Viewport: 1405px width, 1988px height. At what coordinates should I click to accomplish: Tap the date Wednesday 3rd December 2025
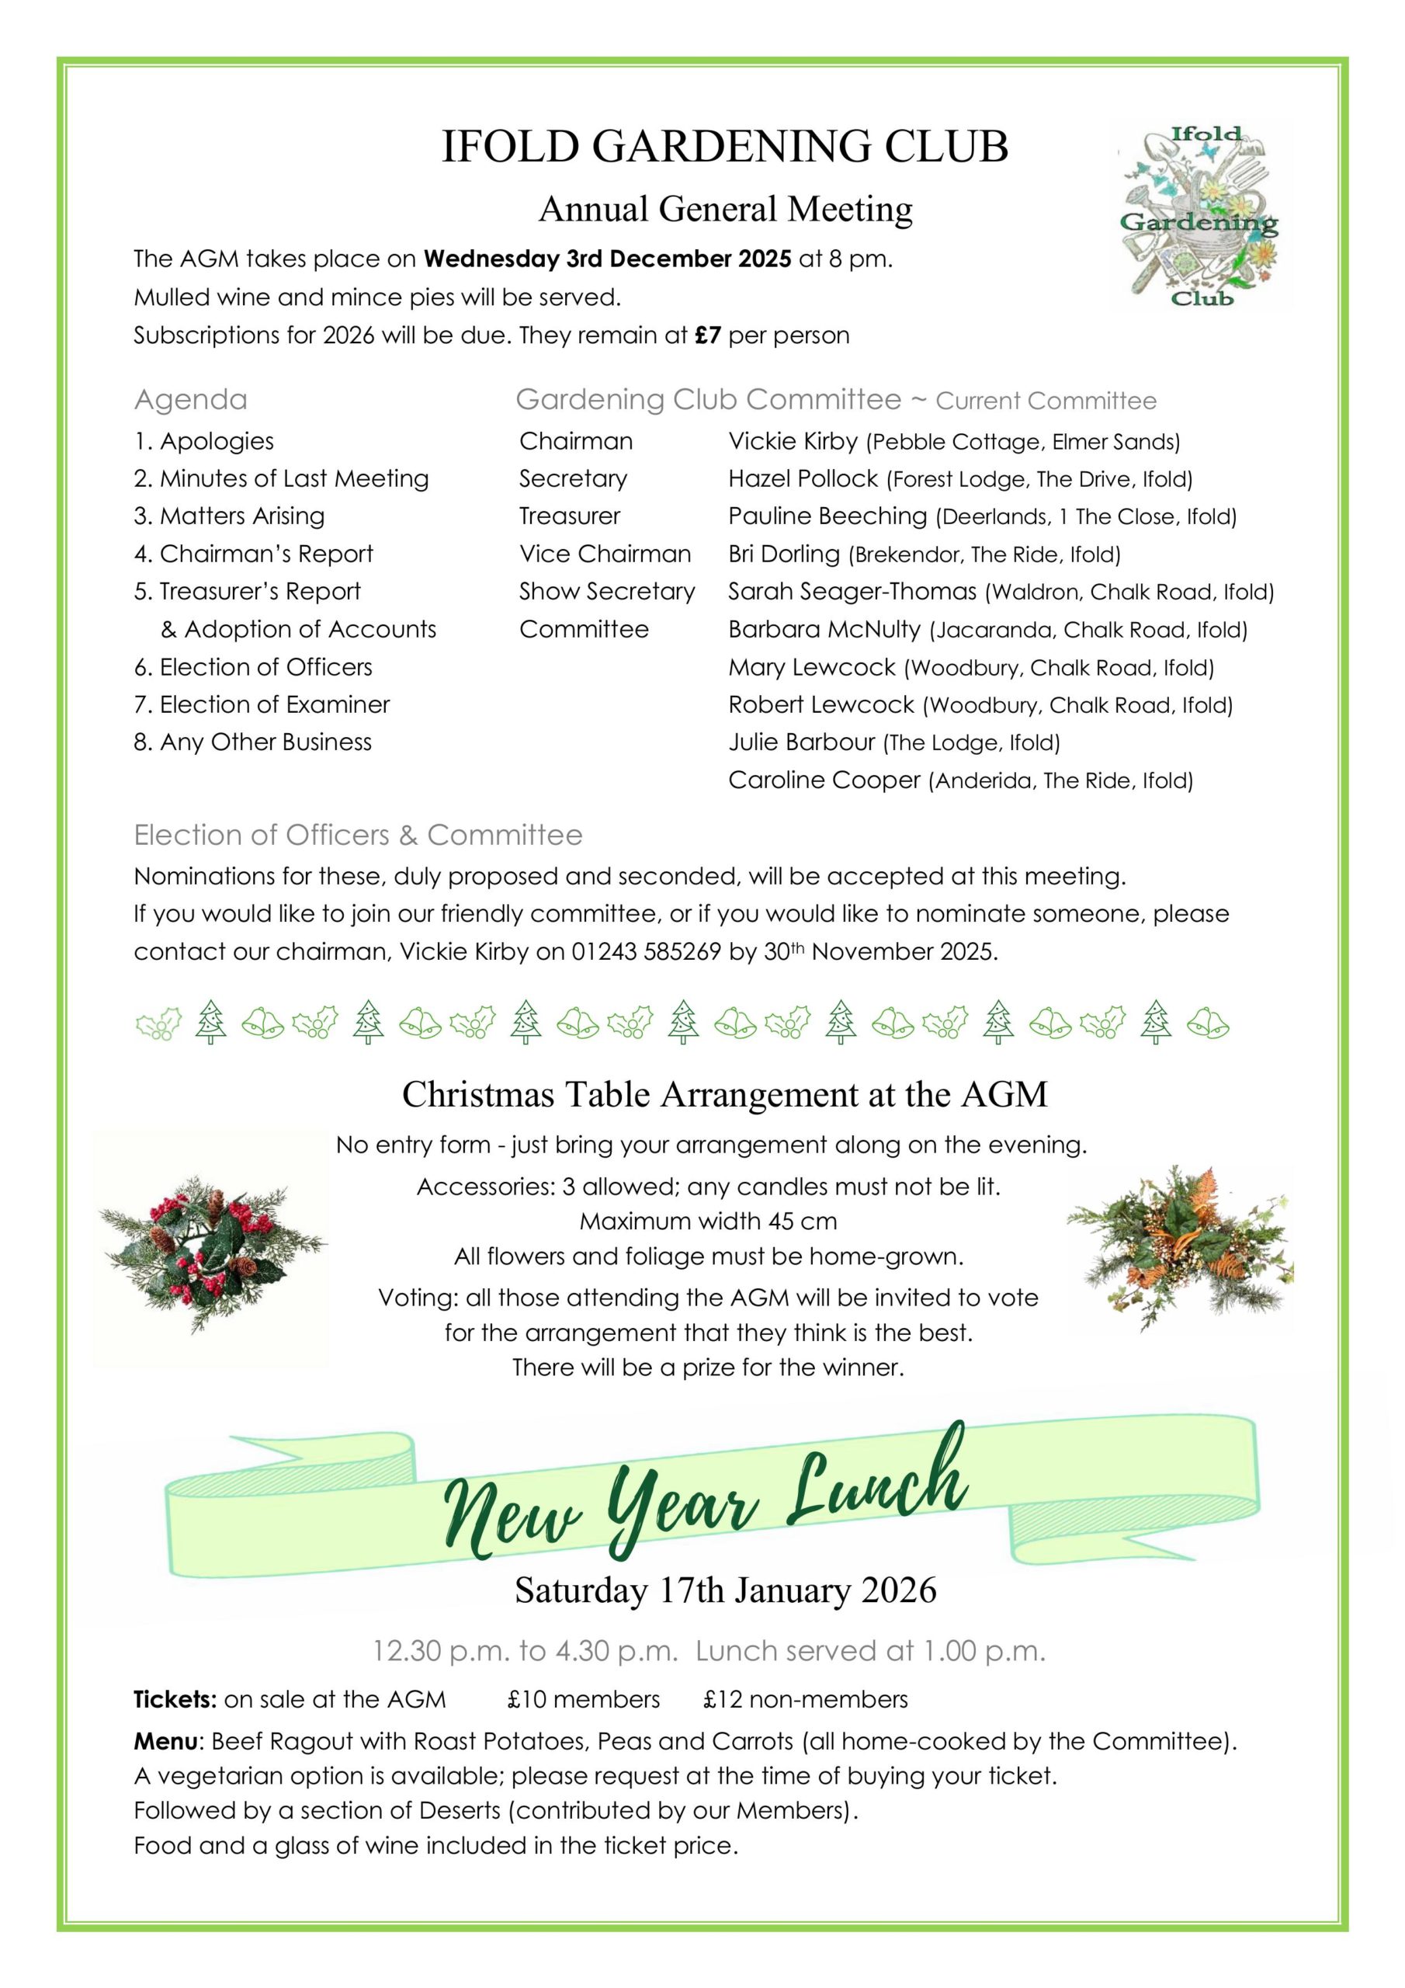coord(607,259)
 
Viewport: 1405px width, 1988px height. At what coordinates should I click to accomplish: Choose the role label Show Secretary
coord(607,592)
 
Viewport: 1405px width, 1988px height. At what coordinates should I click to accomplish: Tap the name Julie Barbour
coord(801,742)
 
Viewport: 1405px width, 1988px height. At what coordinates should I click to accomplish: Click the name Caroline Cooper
coord(824,780)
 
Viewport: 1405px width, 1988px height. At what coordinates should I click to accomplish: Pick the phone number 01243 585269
coord(646,951)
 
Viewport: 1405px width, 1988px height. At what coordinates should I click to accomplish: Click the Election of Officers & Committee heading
coord(358,835)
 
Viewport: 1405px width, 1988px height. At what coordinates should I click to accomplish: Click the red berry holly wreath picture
coord(211,1250)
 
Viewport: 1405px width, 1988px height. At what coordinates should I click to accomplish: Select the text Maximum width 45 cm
coord(708,1222)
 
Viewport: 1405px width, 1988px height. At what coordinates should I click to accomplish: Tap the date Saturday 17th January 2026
coord(726,1590)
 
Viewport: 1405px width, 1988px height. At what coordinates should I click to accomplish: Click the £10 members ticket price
coord(584,1700)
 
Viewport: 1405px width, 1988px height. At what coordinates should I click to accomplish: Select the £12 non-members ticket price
coord(805,1700)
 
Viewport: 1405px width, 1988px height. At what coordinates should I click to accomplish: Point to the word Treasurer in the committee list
coord(570,516)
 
